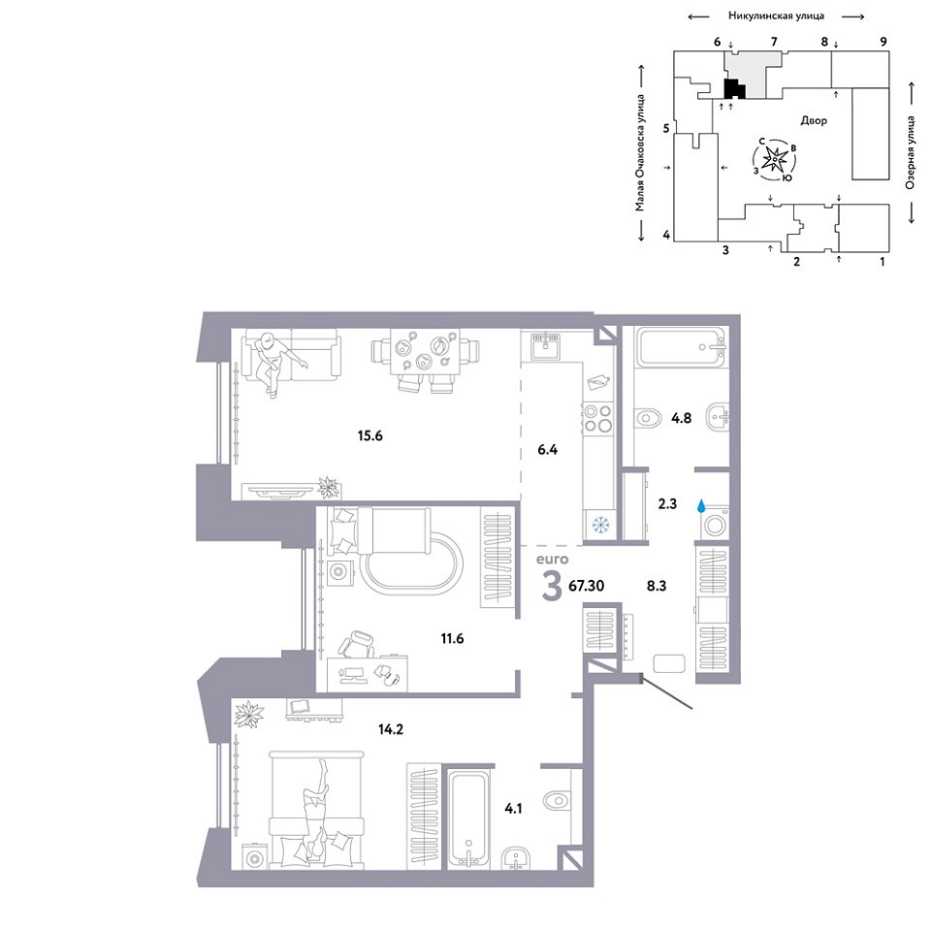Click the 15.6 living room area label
369,435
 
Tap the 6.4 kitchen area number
547,449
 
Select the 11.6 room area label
452,639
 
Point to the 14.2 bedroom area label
391,729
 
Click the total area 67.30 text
586,586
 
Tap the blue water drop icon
702,506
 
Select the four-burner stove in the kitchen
597,418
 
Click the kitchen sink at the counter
545,345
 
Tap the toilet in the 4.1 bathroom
558,800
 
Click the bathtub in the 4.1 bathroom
469,819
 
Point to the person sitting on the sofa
274,363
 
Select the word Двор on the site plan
814,120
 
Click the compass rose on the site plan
775,159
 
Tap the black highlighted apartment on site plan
734,89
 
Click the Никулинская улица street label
776,16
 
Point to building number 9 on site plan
883,42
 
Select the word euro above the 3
552,560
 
